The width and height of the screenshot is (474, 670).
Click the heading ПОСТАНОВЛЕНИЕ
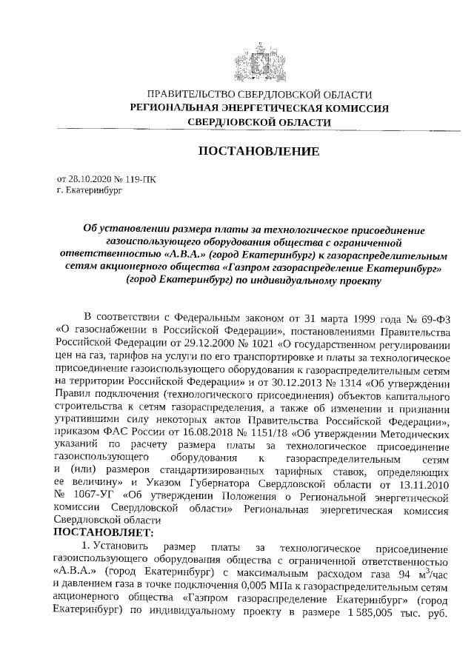pyautogui.click(x=259, y=152)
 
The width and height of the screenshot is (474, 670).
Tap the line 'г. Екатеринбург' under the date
pyautogui.click(x=90, y=190)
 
